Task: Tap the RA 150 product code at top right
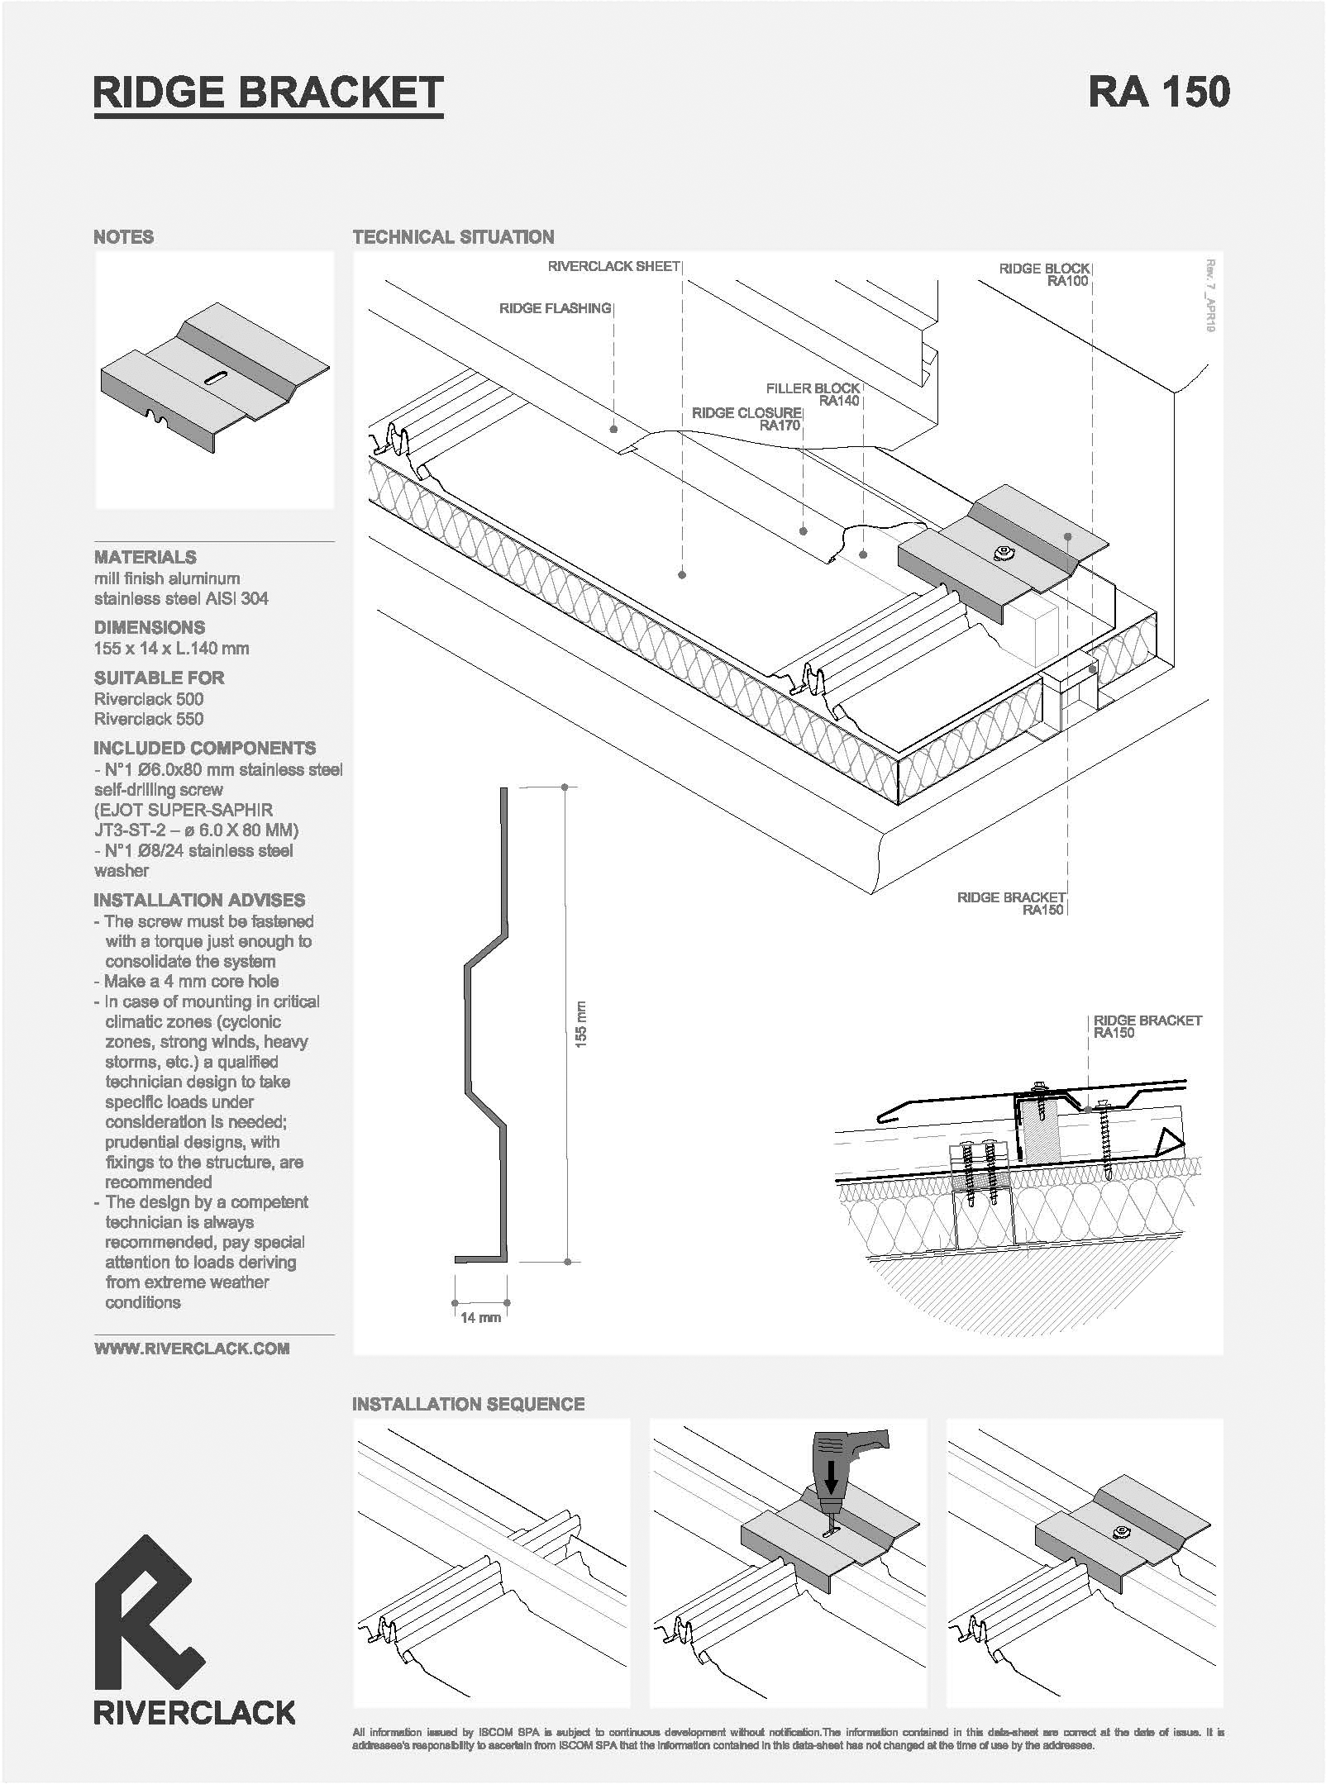coord(1159,92)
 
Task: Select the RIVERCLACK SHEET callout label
coord(613,266)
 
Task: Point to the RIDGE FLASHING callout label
coord(555,308)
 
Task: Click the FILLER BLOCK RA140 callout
coord(813,394)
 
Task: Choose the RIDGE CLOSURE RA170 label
coord(746,419)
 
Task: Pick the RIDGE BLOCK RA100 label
coord(1044,274)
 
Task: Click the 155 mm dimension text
coord(580,1025)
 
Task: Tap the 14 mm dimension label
coord(480,1317)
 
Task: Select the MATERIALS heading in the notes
coord(145,557)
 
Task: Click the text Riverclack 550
coord(149,719)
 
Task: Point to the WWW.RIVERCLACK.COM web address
coord(192,1349)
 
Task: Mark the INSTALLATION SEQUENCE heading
coord(468,1404)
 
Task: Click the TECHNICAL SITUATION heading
coord(453,237)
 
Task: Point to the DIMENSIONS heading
coord(150,627)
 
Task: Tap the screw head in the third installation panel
coord(1121,1531)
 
